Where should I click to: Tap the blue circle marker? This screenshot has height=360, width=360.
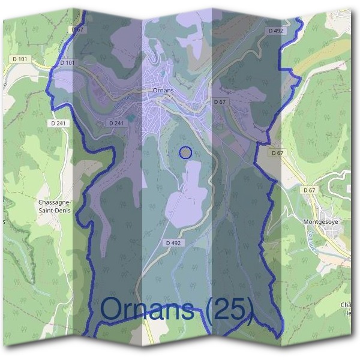185,152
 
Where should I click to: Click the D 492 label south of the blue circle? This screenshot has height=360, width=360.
172,242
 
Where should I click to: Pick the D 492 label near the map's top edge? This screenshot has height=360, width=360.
276,30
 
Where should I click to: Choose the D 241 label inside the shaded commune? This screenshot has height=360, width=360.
116,123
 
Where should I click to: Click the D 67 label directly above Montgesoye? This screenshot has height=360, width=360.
309,190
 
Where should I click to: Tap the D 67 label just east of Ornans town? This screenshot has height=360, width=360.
220,103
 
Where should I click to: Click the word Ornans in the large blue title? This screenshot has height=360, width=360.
148,309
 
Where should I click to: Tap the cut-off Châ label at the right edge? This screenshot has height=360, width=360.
346,305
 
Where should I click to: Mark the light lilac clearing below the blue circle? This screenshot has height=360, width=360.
187,192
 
